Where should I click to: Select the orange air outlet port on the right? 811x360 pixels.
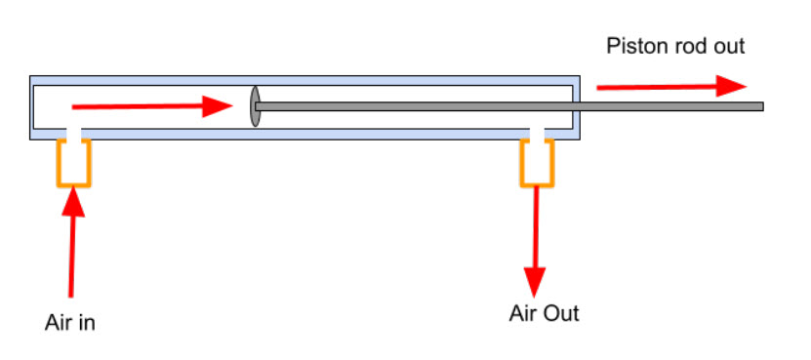(x=537, y=162)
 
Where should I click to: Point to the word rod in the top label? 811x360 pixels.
(x=688, y=47)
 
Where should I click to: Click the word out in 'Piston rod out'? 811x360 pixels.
(x=727, y=47)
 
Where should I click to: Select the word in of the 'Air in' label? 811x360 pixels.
(x=87, y=322)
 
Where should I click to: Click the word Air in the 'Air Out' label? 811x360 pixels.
(x=523, y=313)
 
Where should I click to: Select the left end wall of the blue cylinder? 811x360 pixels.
(x=32, y=106)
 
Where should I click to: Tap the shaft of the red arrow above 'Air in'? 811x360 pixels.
(x=71, y=254)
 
